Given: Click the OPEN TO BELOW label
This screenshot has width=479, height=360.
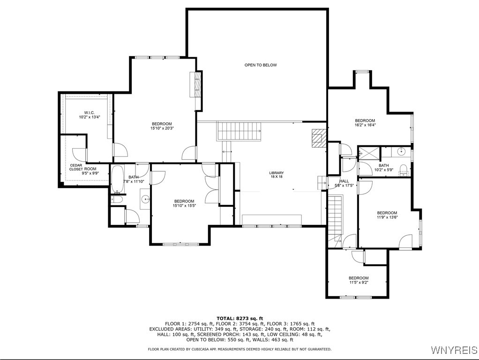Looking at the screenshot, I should click(x=261, y=65).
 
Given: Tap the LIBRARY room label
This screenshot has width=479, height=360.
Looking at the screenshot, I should click(x=276, y=173).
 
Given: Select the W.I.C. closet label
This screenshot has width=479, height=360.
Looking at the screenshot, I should click(x=89, y=112).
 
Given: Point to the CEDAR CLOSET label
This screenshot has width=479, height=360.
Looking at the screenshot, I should click(x=76, y=167).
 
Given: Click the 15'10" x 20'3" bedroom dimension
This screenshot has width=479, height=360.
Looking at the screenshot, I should click(x=162, y=128).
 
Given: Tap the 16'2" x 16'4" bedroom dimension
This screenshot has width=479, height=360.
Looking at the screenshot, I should click(x=365, y=126).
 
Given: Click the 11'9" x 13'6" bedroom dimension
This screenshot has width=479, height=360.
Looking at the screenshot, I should click(x=387, y=217).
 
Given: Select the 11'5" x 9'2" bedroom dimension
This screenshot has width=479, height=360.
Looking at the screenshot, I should click(x=359, y=283).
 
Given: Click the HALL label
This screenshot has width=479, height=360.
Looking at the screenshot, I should click(x=344, y=181).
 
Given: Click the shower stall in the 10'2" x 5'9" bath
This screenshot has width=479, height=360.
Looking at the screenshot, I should click(x=368, y=153).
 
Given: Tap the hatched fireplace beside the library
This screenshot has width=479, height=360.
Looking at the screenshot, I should click(x=318, y=138).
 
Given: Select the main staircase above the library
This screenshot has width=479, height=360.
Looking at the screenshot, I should click(x=239, y=131).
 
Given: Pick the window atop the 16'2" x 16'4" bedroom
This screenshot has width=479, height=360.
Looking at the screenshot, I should click(x=362, y=72).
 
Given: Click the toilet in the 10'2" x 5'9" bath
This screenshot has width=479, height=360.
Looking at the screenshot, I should click(x=403, y=169).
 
